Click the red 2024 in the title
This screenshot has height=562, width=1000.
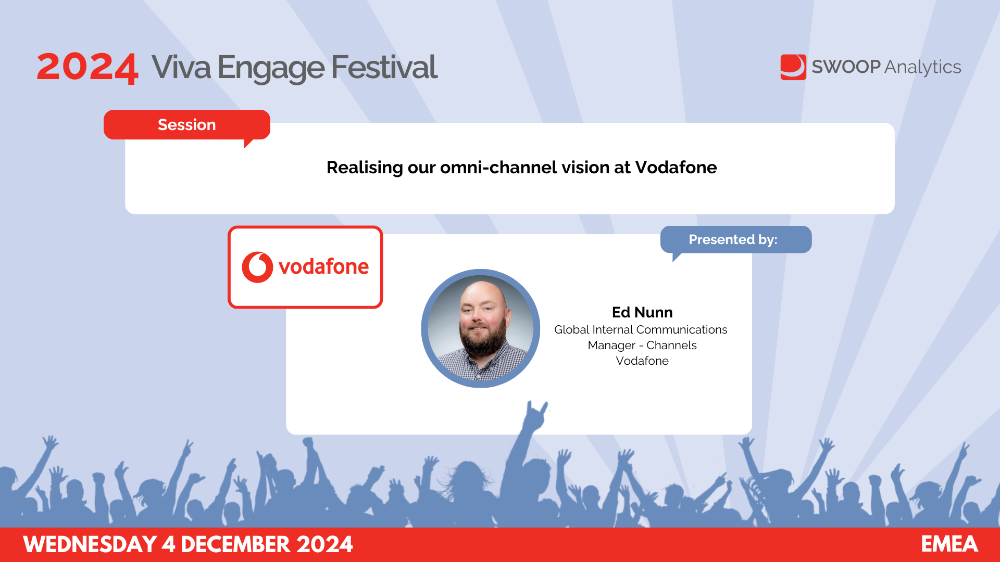pyautogui.click(x=87, y=68)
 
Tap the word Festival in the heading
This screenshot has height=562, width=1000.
pyautogui.click(x=384, y=68)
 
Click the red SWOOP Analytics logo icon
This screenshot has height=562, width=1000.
pyautogui.click(x=793, y=67)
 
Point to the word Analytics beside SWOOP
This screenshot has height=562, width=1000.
pyautogui.click(x=923, y=68)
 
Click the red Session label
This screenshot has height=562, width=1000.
pyautogui.click(x=186, y=125)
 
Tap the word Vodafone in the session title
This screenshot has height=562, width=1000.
pyautogui.click(x=676, y=168)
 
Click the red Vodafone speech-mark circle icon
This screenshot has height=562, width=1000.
pyautogui.click(x=257, y=267)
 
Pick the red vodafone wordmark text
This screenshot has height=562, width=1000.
pyautogui.click(x=323, y=267)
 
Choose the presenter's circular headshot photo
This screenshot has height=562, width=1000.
pyautogui.click(x=480, y=328)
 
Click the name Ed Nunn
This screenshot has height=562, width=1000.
pyautogui.click(x=642, y=312)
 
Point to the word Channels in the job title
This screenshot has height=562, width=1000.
pyautogui.click(x=671, y=346)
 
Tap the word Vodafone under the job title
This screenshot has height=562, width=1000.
pyautogui.click(x=642, y=361)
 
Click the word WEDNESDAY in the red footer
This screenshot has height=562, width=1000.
pyautogui.click(x=90, y=544)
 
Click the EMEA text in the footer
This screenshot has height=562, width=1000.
pyautogui.click(x=949, y=544)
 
